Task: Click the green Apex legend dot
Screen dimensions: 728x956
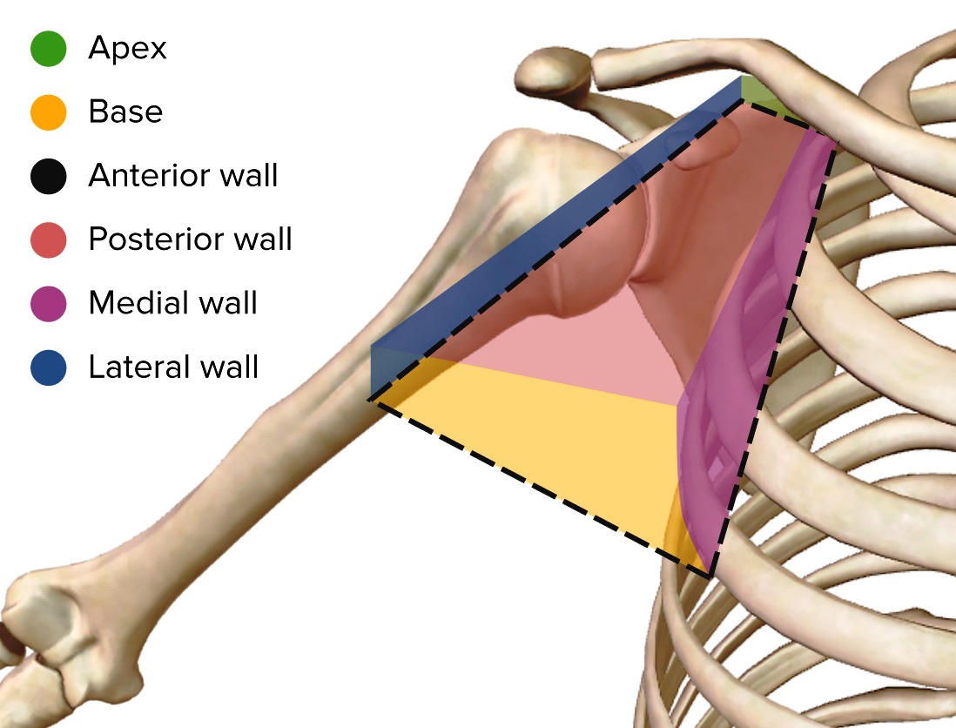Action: [48, 49]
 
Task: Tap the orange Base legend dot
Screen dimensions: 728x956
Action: [48, 112]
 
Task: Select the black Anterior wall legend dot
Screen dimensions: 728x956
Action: [48, 176]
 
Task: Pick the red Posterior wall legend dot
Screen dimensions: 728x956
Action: [48, 239]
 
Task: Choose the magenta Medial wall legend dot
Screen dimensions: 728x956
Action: [48, 303]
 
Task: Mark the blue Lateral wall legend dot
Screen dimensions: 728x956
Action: [48, 367]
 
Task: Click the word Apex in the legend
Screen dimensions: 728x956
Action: [127, 49]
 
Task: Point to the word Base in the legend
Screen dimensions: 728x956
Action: [125, 112]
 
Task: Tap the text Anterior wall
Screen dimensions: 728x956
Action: [183, 176]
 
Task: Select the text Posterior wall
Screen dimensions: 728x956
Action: [190, 239]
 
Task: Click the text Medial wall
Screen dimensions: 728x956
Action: [172, 303]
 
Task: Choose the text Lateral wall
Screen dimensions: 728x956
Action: [173, 367]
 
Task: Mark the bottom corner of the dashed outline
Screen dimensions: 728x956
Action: [710, 575]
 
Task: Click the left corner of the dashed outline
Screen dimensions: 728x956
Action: [371, 400]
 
